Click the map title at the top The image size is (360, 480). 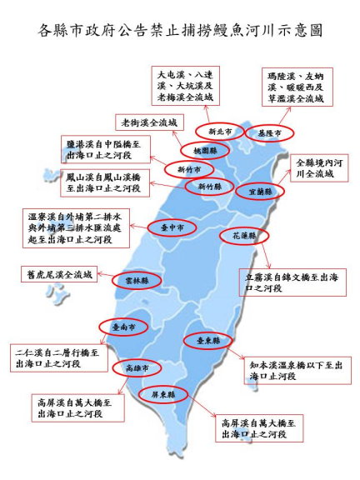[x=180, y=31]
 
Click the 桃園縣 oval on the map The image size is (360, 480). [x=200, y=151]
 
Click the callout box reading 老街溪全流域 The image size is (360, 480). [x=149, y=122]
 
